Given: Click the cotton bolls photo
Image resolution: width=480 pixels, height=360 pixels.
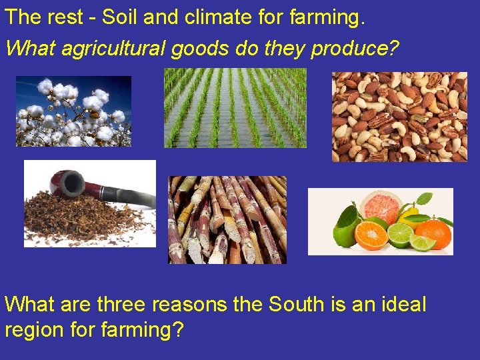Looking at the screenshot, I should [x=73, y=110].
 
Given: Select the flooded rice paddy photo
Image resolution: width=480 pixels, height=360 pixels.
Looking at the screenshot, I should [x=235, y=107].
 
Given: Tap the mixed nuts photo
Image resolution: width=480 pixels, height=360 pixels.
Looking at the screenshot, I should [x=400, y=117].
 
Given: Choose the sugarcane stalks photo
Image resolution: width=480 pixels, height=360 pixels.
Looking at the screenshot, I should [x=227, y=220].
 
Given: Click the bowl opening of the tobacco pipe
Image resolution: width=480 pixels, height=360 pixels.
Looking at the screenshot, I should [x=65, y=179].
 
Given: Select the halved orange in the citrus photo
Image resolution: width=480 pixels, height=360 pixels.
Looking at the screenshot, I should [x=370, y=235].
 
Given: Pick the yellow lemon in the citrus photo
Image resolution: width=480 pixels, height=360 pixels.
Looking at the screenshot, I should [x=412, y=215].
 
